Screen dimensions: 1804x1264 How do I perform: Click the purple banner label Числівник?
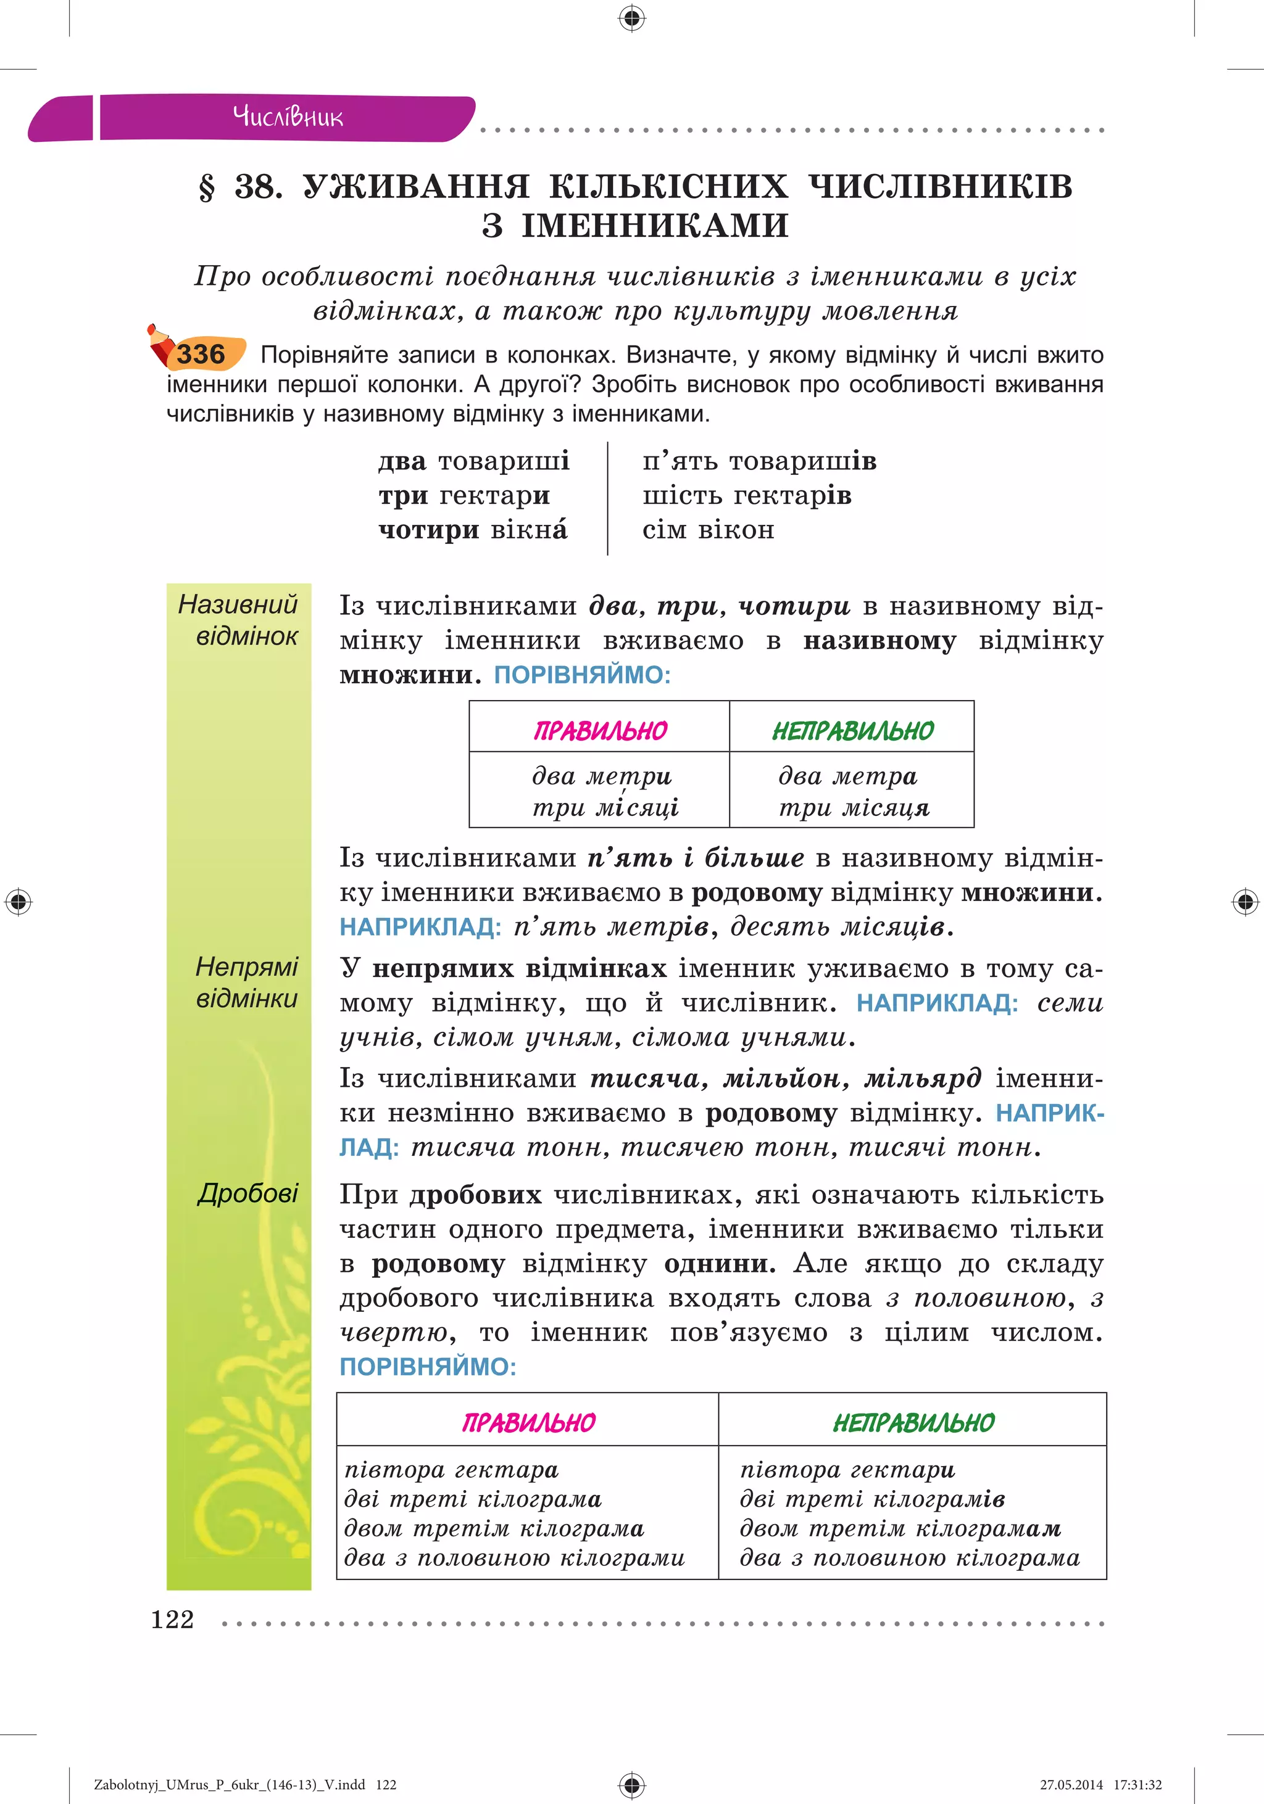pyautogui.click(x=288, y=118)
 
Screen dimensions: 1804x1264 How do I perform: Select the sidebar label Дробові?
pyautogui.click(x=247, y=1193)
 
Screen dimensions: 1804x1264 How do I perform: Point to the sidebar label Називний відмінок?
pyautogui.click(x=238, y=620)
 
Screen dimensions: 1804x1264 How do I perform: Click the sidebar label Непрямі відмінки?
pyautogui.click(x=246, y=982)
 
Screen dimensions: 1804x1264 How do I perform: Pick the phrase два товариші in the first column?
pyautogui.click(x=473, y=461)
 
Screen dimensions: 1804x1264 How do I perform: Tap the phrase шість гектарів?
pyautogui.click(x=747, y=495)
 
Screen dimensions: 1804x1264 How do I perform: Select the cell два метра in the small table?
pyautogui.click(x=847, y=776)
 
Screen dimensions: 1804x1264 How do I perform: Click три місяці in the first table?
pyautogui.click(x=605, y=808)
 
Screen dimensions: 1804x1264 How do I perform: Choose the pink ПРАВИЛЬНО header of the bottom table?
pyautogui.click(x=528, y=1422)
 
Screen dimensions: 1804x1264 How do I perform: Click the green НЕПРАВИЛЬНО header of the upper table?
pyautogui.click(x=852, y=731)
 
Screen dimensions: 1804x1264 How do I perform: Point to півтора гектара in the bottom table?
pyautogui.click(x=451, y=1469)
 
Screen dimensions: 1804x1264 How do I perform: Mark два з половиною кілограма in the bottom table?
pyautogui.click(x=910, y=1557)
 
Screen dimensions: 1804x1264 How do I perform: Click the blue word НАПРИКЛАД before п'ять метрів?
pyautogui.click(x=420, y=927)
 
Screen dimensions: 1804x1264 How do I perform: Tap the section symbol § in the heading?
pyautogui.click(x=207, y=187)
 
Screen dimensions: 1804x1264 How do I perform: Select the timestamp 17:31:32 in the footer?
pyautogui.click(x=1137, y=1784)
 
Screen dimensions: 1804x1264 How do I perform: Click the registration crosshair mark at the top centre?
pyautogui.click(x=631, y=17)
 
